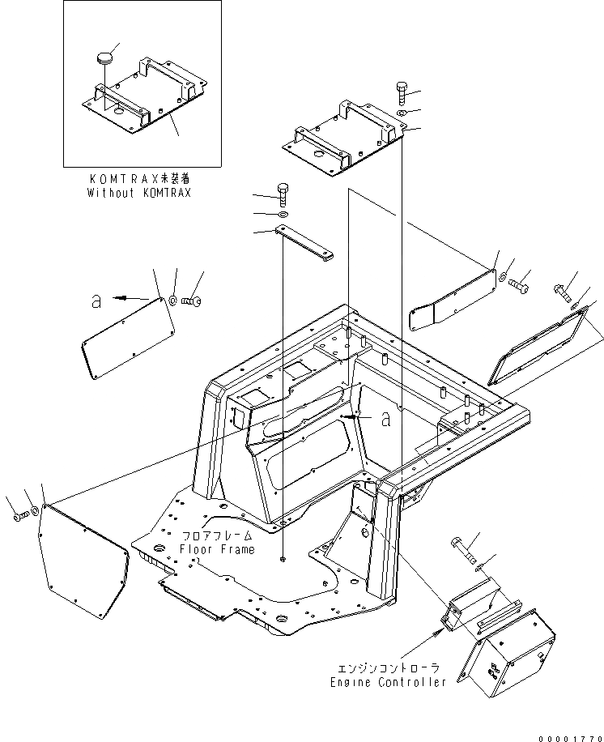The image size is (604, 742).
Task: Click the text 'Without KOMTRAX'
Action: pyautogui.click(x=139, y=193)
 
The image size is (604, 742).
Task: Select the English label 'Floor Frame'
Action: pyautogui.click(x=218, y=549)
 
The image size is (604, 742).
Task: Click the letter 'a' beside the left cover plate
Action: pyautogui.click(x=96, y=301)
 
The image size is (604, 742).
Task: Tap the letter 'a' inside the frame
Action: pyautogui.click(x=385, y=418)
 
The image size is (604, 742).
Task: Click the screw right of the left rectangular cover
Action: pyautogui.click(x=194, y=302)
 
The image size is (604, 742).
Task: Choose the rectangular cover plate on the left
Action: pyautogui.click(x=128, y=334)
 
